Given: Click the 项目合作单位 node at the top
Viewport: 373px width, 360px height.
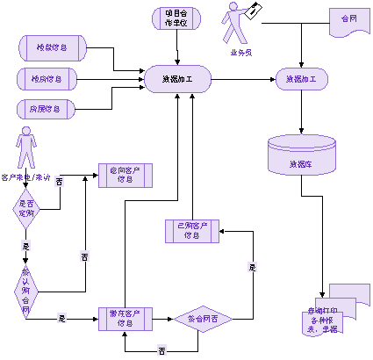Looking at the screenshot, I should point(176,18).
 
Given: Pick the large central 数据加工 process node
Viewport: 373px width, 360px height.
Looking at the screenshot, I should point(178,79).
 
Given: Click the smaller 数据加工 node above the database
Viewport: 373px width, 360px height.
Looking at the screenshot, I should point(301,79).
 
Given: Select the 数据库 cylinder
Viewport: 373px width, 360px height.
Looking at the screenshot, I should point(301,155).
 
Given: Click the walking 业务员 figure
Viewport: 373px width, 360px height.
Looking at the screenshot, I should point(235,25).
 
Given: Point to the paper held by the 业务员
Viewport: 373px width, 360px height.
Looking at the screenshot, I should point(255,9).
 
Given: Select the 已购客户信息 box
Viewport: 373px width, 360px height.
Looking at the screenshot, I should point(191,231).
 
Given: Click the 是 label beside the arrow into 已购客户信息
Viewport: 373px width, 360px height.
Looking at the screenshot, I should point(252,266).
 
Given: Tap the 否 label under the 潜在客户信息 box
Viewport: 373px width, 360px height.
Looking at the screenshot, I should point(161,350).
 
